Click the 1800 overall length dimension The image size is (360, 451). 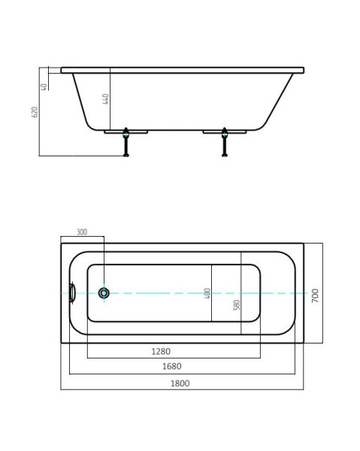click(180, 383)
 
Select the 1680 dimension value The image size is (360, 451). click(171, 366)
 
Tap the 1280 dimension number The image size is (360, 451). click(161, 351)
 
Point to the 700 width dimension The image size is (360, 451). click(315, 295)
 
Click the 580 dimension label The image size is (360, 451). click(236, 305)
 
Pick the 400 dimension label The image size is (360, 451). click(207, 293)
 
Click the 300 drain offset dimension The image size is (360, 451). click(82, 232)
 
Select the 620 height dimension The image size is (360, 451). click(35, 112)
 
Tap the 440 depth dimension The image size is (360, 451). click(105, 99)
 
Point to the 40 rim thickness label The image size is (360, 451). click(44, 87)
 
